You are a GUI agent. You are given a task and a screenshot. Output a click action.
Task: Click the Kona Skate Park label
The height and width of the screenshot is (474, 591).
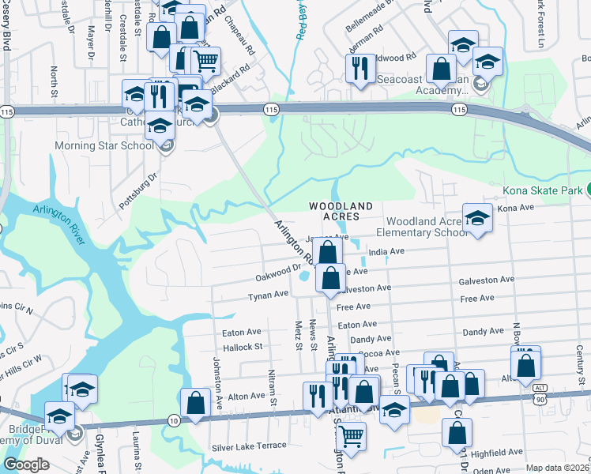(x=542, y=190)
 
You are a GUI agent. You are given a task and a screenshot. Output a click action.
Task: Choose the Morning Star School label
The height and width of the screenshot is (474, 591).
(x=104, y=146)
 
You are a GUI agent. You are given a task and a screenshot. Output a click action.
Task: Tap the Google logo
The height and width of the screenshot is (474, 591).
(x=26, y=465)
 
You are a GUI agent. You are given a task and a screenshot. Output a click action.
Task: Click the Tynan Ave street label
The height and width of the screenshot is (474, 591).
(x=269, y=295)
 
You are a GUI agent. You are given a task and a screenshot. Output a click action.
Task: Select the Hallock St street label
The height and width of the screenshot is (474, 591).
(x=242, y=347)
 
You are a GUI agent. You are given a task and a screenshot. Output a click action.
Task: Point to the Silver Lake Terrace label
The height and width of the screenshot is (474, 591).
(x=249, y=447)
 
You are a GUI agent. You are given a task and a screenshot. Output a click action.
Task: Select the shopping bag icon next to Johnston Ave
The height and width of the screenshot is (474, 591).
(x=196, y=402)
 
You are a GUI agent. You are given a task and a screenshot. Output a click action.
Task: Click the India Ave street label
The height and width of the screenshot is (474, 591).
(x=386, y=252)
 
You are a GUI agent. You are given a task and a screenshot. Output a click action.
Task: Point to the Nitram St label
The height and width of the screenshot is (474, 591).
(x=272, y=384)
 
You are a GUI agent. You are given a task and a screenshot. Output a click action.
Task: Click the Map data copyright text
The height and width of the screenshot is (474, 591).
(x=557, y=468)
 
